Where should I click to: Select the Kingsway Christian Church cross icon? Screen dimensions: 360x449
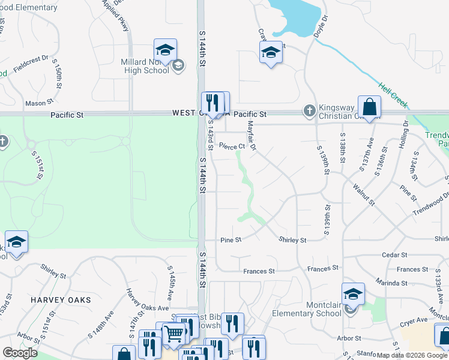(x=309, y=110)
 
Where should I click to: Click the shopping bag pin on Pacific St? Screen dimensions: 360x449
(x=369, y=107)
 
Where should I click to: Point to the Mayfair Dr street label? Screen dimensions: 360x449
(x=252, y=135)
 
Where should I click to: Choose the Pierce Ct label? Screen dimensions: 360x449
(x=232, y=146)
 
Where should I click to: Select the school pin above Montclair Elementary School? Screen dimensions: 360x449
(x=353, y=294)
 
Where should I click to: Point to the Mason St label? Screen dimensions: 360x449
(x=37, y=103)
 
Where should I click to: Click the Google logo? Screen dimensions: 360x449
(x=20, y=352)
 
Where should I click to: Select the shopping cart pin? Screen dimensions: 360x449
(x=174, y=332)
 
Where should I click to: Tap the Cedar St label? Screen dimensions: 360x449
(x=395, y=254)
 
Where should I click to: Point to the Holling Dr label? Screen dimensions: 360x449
(x=402, y=134)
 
